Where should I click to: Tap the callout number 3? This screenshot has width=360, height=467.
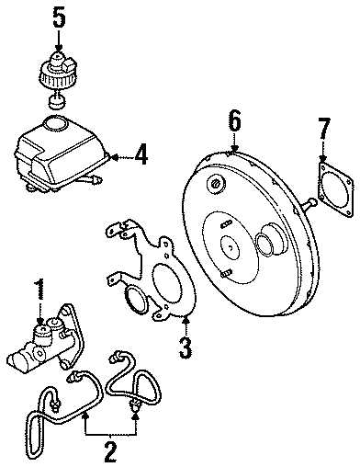coord(186,347)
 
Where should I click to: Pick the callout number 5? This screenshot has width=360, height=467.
coord(58,17)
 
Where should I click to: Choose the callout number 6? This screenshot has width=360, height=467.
coord(234,120)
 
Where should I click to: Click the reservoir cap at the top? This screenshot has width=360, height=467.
coord(58,68)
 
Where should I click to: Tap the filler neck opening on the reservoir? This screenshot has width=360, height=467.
coord(57,122)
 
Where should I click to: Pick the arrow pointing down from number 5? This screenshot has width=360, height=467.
coord(58,40)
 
